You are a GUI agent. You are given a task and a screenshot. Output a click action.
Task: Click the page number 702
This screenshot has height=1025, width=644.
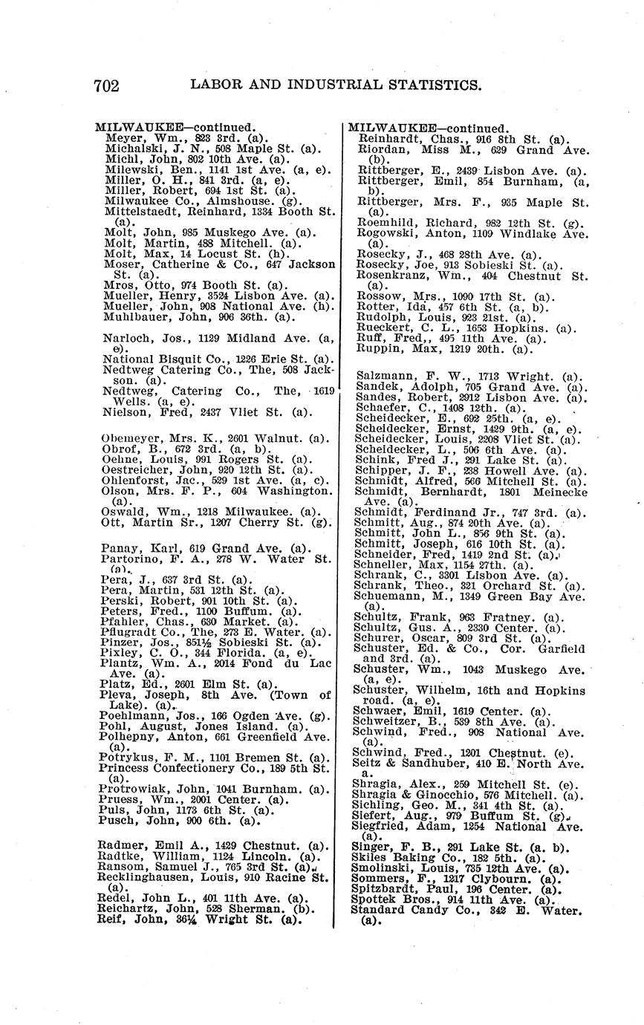tap(106, 85)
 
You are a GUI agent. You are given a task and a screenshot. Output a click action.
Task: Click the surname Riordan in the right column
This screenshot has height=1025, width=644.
tap(380, 149)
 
